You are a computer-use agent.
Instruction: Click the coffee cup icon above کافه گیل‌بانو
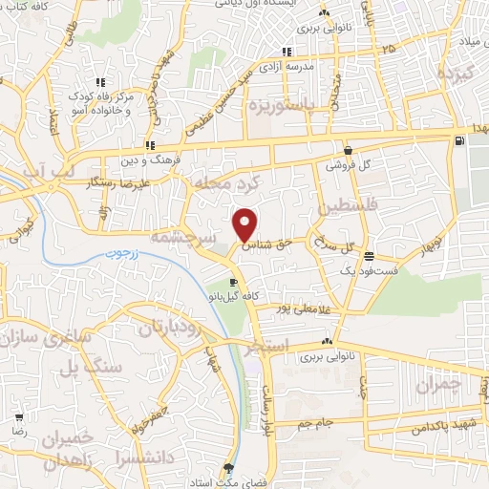click(x=233, y=283)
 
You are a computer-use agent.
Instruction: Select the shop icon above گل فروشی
click(x=348, y=150)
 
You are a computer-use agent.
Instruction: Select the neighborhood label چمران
click(x=441, y=384)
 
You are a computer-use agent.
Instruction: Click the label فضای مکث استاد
click(x=229, y=480)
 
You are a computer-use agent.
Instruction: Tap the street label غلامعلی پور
click(x=293, y=308)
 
